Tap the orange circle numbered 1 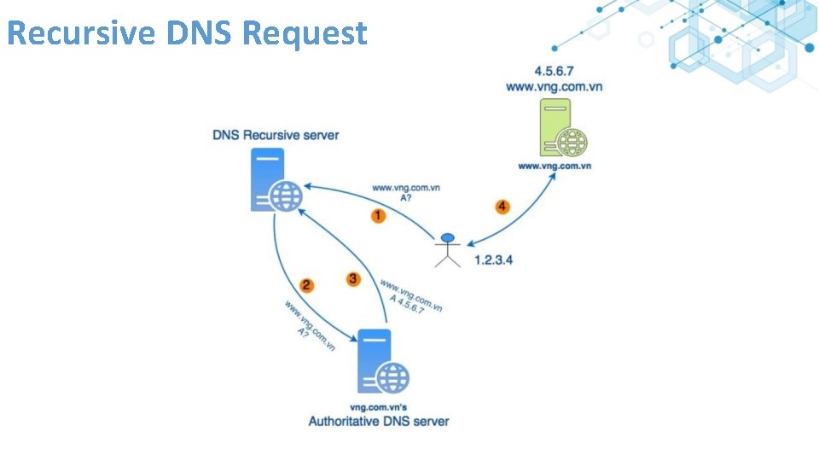coord(378,216)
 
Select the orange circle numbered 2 coord(305,285)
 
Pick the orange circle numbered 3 coord(354,279)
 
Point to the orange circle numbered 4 coord(502,207)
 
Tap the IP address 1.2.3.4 coord(494,260)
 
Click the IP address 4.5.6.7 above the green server coord(554,71)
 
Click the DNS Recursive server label coord(276,135)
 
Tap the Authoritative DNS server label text coord(379,421)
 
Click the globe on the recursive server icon coord(286,195)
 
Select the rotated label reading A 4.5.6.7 coord(406,305)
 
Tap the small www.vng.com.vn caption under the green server coord(555,166)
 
